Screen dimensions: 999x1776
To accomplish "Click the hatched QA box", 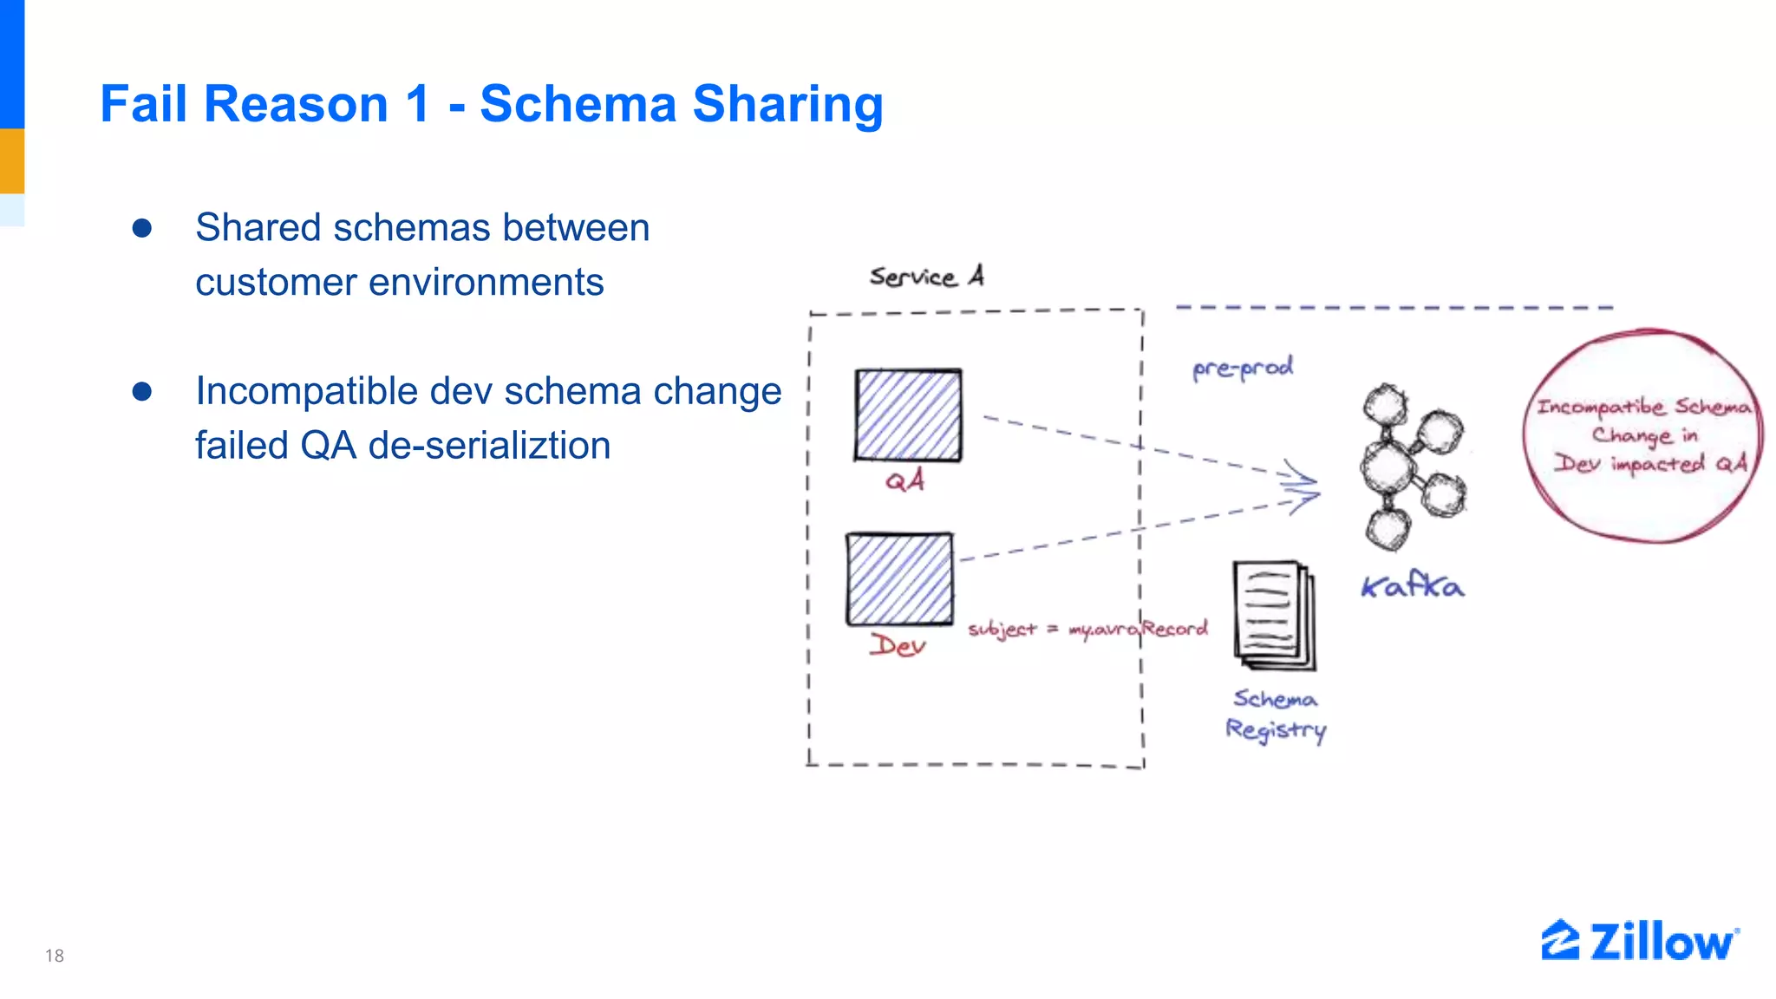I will [x=908, y=415].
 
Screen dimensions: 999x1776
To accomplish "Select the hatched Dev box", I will [x=899, y=578].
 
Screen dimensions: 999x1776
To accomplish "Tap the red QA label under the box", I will [x=904, y=480].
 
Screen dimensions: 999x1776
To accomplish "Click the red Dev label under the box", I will [x=898, y=645].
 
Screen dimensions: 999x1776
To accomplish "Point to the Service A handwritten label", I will [x=926, y=277].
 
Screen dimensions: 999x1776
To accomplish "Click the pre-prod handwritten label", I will [x=1243, y=368].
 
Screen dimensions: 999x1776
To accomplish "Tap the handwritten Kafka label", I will [x=1412, y=587].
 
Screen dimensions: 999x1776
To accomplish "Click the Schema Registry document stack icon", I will [x=1274, y=615].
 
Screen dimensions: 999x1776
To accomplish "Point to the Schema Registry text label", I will [x=1276, y=715].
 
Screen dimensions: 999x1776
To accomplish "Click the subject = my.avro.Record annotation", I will [x=1087, y=629].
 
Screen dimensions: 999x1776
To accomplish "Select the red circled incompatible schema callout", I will [x=1642, y=435].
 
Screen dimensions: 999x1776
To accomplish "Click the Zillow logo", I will [x=1639, y=941].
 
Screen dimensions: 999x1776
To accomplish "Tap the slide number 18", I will [x=55, y=956].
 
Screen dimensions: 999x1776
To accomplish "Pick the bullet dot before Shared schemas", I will [x=142, y=228].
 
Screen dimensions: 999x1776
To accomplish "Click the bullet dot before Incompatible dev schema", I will [x=142, y=391].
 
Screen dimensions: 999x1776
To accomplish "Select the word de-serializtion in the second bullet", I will [x=489, y=446].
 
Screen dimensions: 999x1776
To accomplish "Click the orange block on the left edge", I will [x=12, y=160].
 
